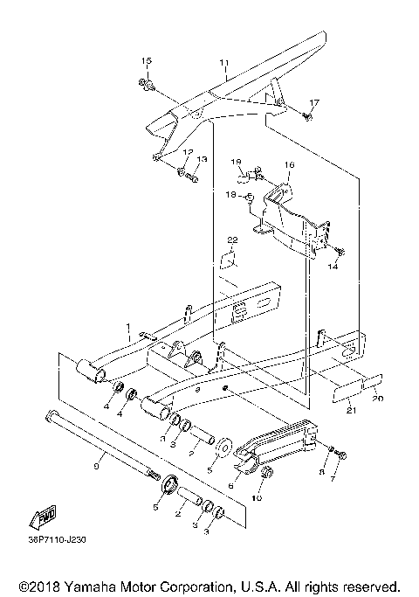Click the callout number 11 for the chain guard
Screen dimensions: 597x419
coord(223,63)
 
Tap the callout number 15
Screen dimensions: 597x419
coord(147,59)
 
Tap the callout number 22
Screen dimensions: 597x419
coord(232,239)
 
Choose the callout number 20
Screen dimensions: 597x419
coord(378,399)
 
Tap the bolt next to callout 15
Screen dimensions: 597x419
coord(144,85)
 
